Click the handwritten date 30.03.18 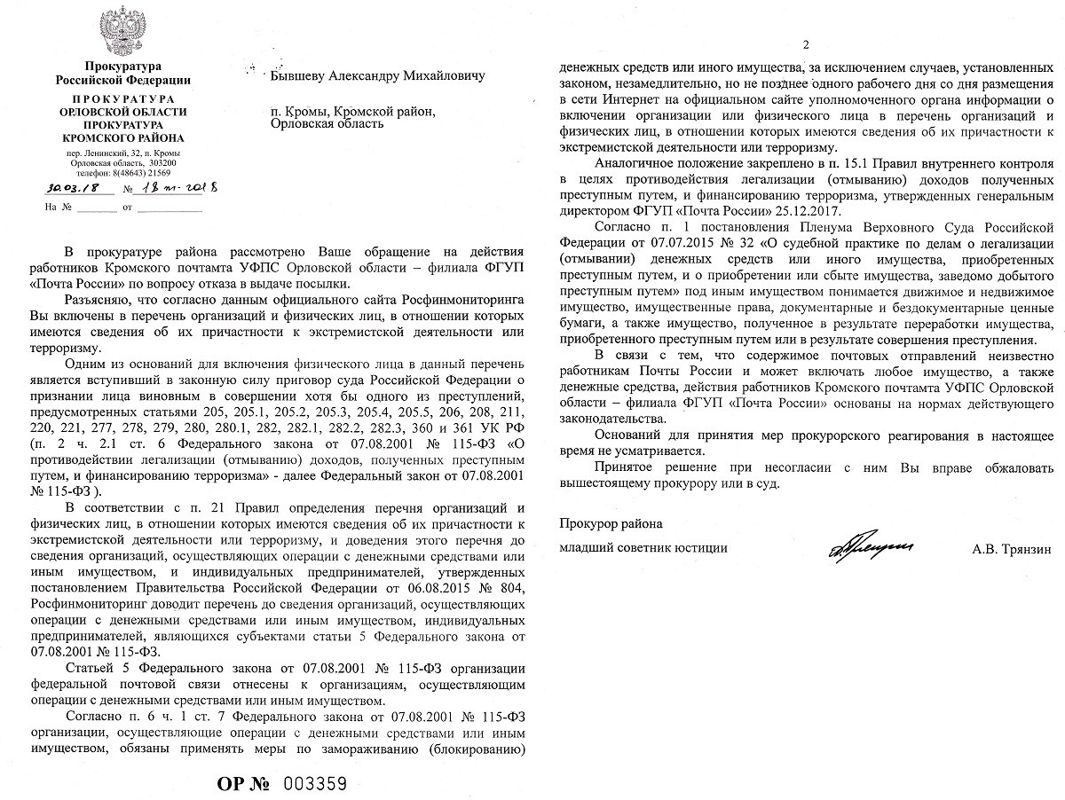click(67, 188)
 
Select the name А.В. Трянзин click(1012, 549)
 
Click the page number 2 click(806, 46)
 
